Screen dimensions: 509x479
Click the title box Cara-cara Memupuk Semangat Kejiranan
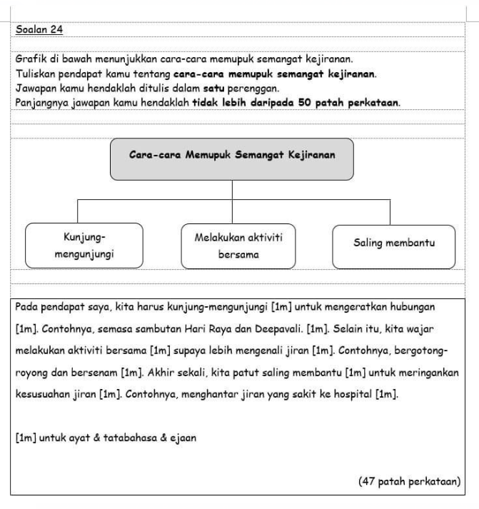point(232,158)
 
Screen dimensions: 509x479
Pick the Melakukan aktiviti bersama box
point(237,245)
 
